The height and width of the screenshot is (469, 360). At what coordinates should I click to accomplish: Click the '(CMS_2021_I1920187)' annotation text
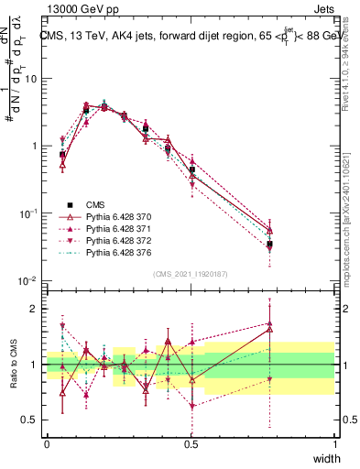click(191, 273)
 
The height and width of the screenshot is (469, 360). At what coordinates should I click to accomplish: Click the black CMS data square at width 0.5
click(191, 169)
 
